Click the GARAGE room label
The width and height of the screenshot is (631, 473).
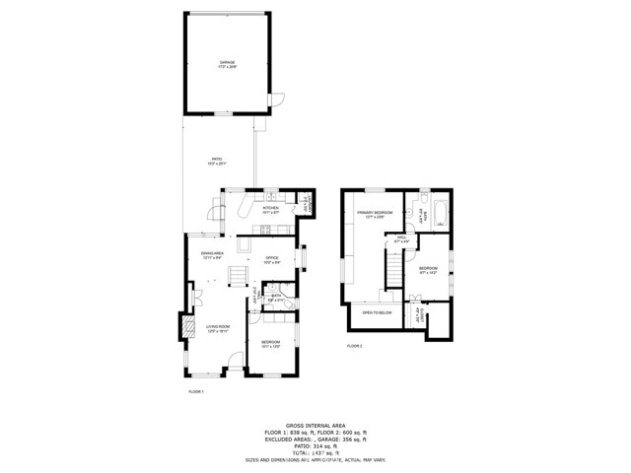point(228,64)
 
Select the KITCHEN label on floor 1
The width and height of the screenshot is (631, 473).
point(269,209)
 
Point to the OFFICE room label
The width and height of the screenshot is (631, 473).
point(271,260)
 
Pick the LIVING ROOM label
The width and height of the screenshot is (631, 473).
point(217,328)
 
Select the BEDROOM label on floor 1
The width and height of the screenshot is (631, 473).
point(271,343)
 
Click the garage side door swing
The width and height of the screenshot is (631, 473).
point(278,100)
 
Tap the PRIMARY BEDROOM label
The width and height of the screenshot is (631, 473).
point(375,214)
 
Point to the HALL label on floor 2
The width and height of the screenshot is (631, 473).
point(402,238)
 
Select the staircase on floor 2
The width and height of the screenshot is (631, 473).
point(393,266)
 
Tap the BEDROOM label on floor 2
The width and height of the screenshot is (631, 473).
point(428,270)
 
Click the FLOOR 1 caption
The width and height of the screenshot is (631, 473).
point(195,391)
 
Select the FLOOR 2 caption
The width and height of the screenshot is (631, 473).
point(354,347)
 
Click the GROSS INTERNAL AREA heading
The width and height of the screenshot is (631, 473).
point(315,425)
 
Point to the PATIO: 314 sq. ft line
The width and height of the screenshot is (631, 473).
point(315,445)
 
